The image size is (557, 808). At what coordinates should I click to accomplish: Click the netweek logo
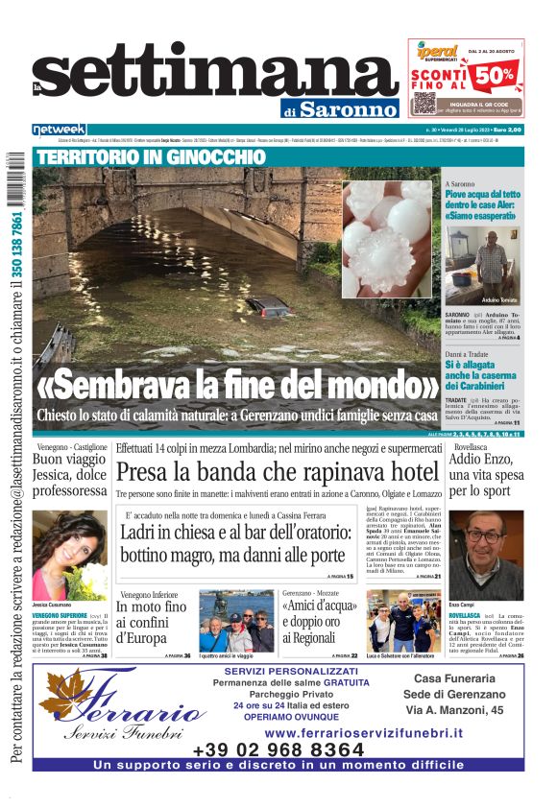(x=60, y=130)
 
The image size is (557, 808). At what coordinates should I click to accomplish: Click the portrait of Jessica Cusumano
(x=69, y=555)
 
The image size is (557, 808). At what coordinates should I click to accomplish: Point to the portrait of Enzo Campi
(x=486, y=555)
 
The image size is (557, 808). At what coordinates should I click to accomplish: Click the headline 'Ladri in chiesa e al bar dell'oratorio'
(x=235, y=545)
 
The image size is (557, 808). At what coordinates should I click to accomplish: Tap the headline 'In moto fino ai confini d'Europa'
(x=152, y=621)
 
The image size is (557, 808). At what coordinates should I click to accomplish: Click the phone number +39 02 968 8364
(x=278, y=749)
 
